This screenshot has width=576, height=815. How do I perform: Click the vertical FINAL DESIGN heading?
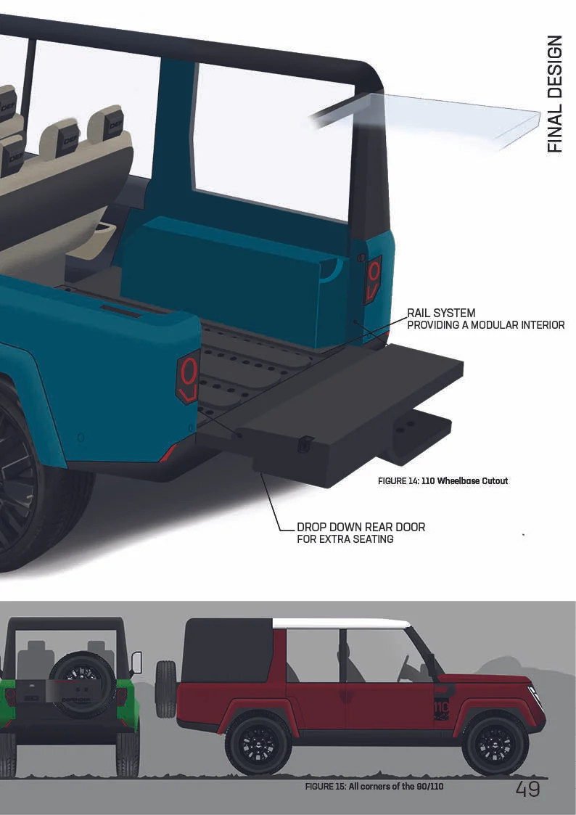click(554, 94)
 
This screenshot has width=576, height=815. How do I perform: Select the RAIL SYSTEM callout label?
click(441, 313)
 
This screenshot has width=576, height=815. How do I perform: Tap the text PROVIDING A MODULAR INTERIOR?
click(485, 325)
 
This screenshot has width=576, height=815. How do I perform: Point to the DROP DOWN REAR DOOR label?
click(361, 526)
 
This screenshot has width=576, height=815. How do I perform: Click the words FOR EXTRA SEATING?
click(345, 539)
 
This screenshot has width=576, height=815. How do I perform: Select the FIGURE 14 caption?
click(443, 481)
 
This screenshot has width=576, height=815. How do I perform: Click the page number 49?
click(527, 789)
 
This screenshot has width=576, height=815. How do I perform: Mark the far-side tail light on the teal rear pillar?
click(373, 278)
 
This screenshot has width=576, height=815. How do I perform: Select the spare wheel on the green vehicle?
click(82, 684)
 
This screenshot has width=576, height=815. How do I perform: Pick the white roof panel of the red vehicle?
click(341, 623)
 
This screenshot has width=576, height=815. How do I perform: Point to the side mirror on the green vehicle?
click(136, 662)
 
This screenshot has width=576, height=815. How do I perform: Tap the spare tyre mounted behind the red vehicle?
click(166, 688)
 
